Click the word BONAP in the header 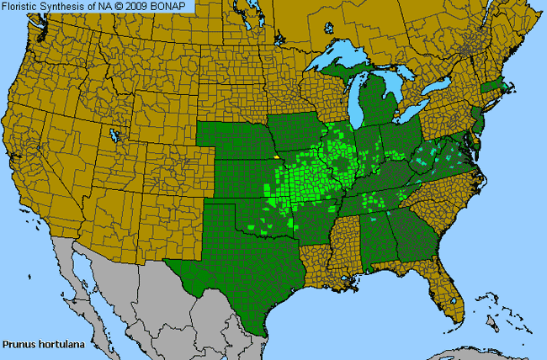[x=173, y=7]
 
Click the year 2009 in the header [x=141, y=7]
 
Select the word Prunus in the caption [x=18, y=344]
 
